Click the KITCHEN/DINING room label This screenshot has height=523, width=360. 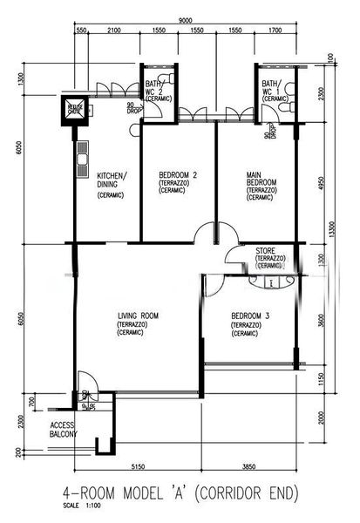(x=112, y=180)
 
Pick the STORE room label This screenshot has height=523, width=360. (x=267, y=251)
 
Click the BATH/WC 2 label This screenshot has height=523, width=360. (x=158, y=89)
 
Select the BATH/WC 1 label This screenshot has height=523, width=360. (x=274, y=89)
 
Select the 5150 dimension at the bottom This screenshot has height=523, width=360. (x=134, y=466)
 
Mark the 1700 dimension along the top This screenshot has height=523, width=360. (x=276, y=31)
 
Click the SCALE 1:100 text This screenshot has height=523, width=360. (x=82, y=505)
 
